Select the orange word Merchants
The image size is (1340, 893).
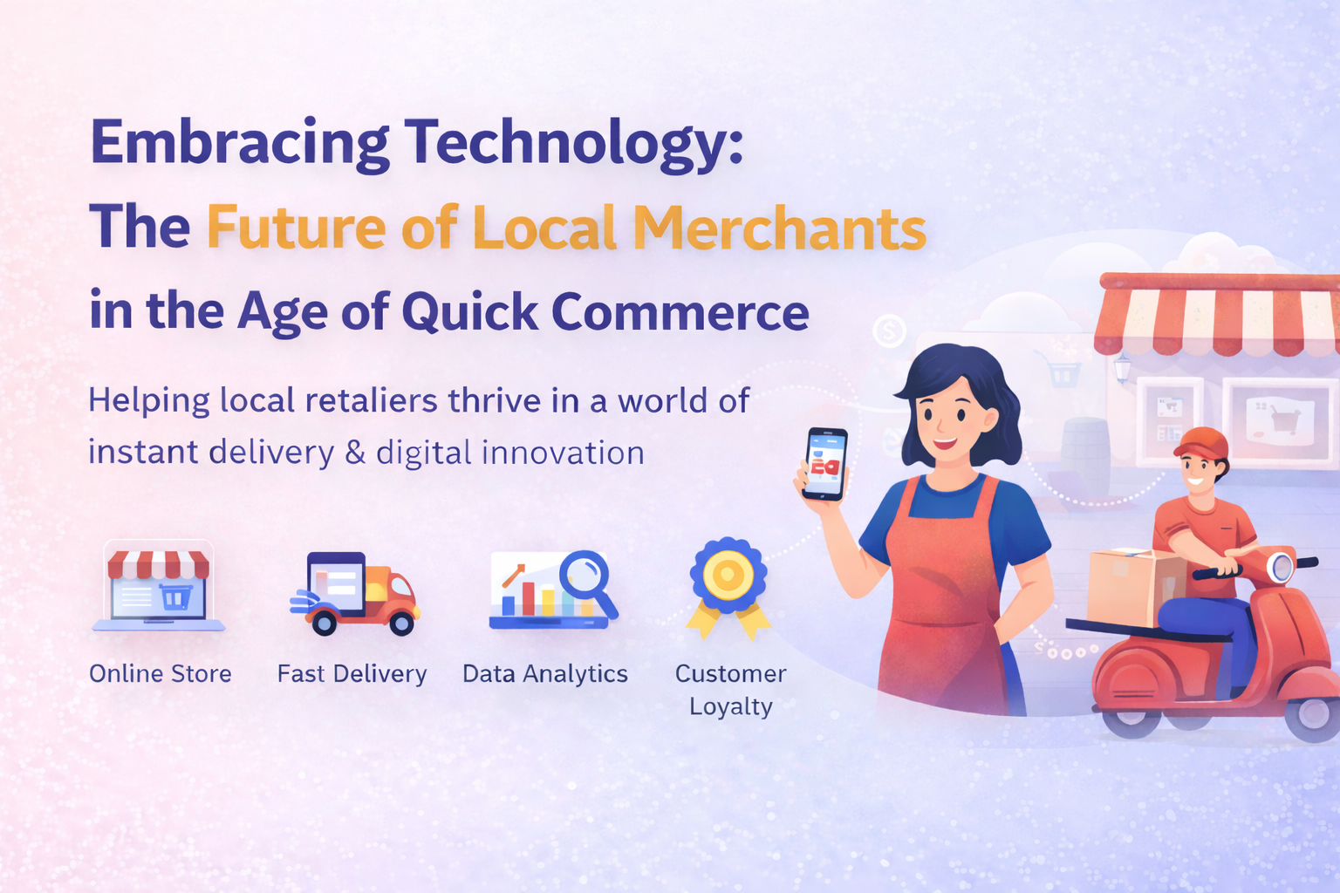779,228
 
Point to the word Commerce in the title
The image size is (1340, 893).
680,312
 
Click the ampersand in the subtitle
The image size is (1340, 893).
355,453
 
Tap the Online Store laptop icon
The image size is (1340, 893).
159,586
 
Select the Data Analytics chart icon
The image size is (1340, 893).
553,590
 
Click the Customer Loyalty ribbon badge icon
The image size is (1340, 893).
728,586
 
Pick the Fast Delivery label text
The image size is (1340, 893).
352,674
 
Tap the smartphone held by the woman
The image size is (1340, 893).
825,464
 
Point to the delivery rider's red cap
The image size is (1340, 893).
1201,443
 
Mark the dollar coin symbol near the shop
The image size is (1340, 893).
889,331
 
